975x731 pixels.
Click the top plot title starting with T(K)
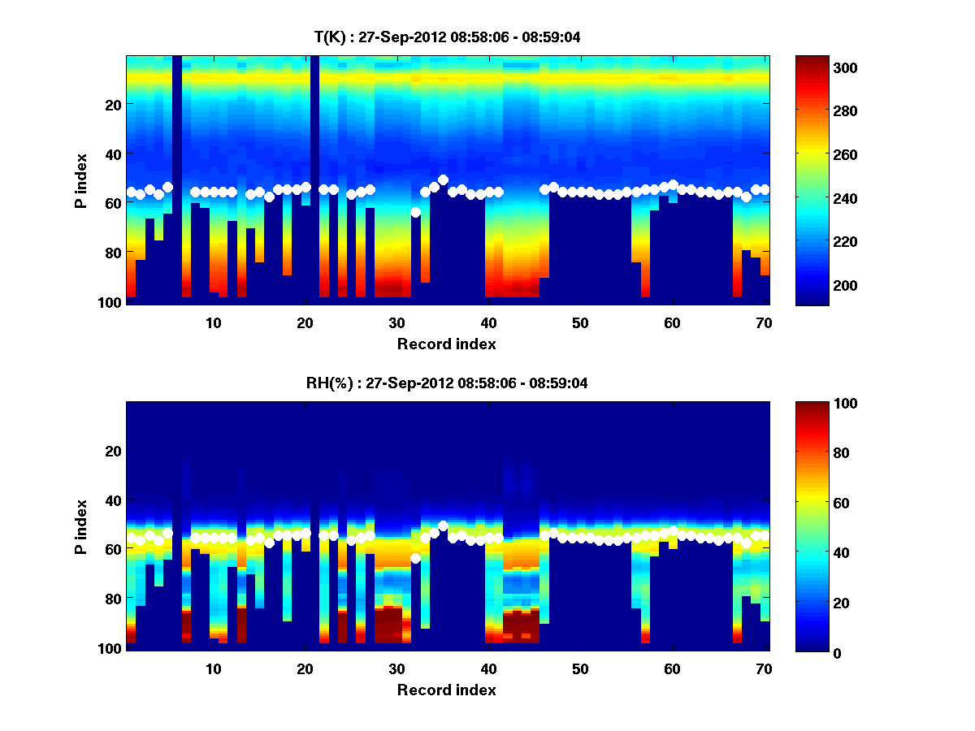447,37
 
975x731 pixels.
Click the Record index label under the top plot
447,344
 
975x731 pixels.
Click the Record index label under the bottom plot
447,690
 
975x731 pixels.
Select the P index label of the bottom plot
81,526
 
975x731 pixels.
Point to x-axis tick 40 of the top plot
488,322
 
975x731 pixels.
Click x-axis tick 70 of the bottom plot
764,668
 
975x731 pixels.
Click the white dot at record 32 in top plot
415,212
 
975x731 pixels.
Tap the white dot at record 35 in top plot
443,180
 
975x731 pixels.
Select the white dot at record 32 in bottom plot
415,558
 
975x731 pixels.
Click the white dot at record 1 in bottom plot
131,538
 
